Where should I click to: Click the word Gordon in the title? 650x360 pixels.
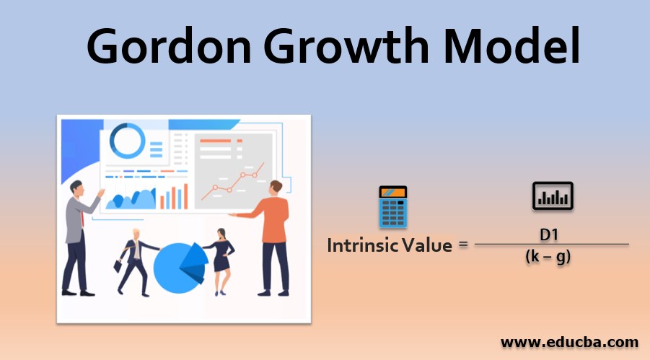(169, 45)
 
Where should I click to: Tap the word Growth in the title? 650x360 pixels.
(347, 45)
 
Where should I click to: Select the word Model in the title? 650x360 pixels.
(511, 45)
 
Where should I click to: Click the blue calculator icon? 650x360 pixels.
(392, 206)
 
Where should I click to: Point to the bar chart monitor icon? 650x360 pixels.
(553, 196)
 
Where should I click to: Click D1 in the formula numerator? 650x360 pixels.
(549, 235)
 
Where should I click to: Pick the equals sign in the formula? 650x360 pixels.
(463, 245)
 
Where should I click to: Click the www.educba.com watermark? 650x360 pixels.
(569, 343)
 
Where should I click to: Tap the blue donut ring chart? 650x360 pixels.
(128, 141)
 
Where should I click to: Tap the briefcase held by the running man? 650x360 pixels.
(118, 266)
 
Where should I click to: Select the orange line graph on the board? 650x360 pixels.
(233, 182)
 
